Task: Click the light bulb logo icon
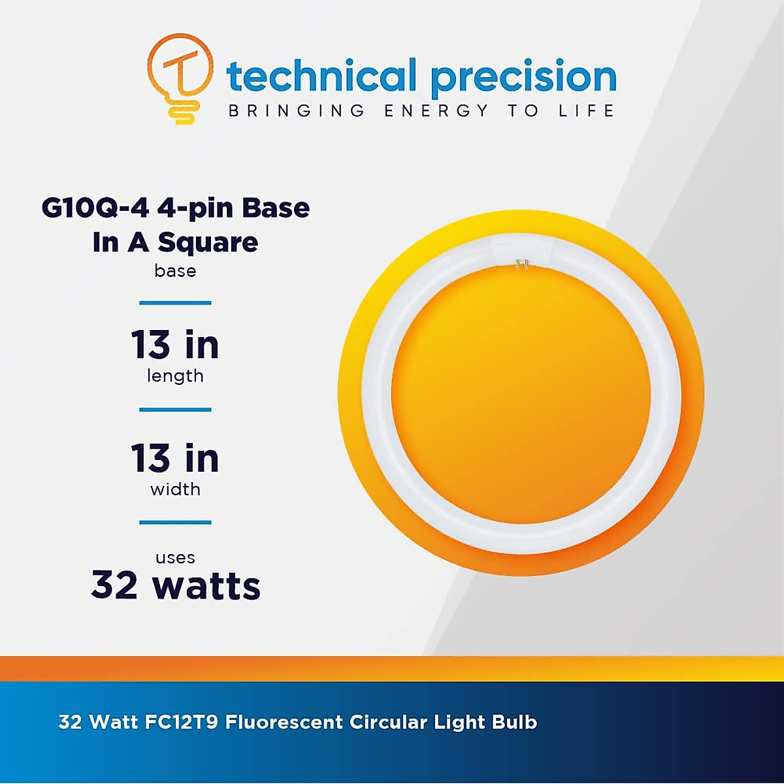pos(180,78)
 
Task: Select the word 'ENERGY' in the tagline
pos(436,110)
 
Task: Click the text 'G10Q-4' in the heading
pos(95,208)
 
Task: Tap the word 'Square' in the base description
pos(208,244)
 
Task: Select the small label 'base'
pos(175,270)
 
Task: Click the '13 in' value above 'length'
pos(175,345)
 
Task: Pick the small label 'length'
pos(175,376)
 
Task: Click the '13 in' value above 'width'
pos(175,458)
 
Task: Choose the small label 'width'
pos(175,489)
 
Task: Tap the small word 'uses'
pos(175,557)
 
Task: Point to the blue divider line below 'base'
pos(175,302)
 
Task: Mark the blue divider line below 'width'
pos(175,522)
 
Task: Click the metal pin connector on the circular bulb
pos(523,265)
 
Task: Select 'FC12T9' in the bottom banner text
pos(181,723)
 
